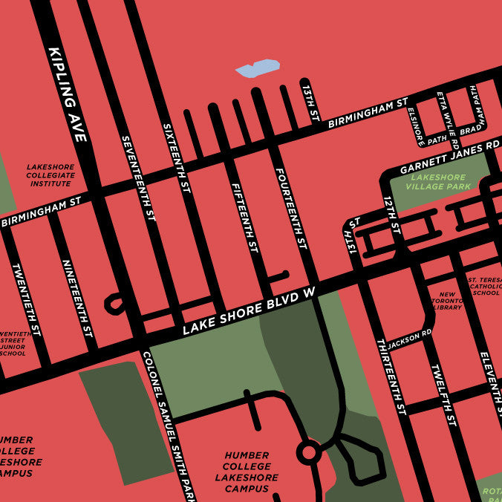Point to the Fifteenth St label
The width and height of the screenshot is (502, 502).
click(x=244, y=215)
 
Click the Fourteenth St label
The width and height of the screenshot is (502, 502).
click(x=291, y=207)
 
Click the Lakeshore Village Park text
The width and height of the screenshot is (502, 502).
click(x=438, y=182)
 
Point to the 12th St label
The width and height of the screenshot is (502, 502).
click(x=391, y=215)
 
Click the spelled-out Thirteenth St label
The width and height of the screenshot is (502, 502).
click(x=391, y=376)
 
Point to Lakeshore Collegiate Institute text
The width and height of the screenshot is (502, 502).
click(x=50, y=175)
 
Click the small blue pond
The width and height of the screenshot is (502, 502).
click(x=258, y=68)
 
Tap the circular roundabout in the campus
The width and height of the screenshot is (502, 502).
click(x=308, y=451)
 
